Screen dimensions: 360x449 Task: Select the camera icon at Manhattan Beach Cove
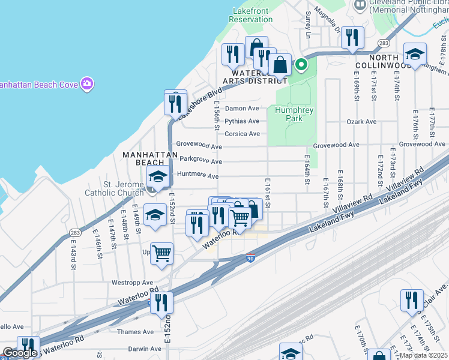tap(87, 84)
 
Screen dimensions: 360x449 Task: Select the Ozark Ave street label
tap(361, 122)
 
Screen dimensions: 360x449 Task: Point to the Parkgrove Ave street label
tap(201, 160)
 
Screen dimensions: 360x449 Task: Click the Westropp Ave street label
tap(131, 282)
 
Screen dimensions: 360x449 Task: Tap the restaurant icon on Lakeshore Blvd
tap(176, 103)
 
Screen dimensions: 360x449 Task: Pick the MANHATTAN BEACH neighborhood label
tap(150, 158)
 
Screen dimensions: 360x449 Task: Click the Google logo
tap(20, 353)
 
